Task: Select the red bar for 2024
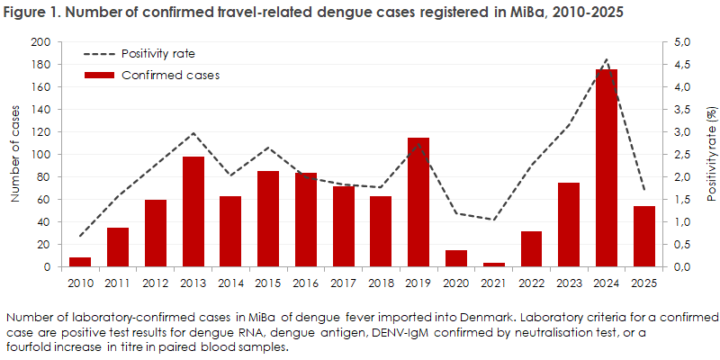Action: [606, 168]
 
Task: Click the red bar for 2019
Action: [418, 202]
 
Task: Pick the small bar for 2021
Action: [493, 265]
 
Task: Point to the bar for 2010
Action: [80, 262]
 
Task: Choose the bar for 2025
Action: [643, 237]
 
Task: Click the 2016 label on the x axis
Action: [306, 283]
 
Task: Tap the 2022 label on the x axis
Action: [531, 283]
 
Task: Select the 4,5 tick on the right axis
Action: [678, 65]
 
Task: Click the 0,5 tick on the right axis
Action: [678, 245]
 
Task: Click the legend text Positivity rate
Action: [158, 54]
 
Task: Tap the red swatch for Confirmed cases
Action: [99, 76]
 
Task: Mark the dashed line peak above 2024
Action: [606, 59]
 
